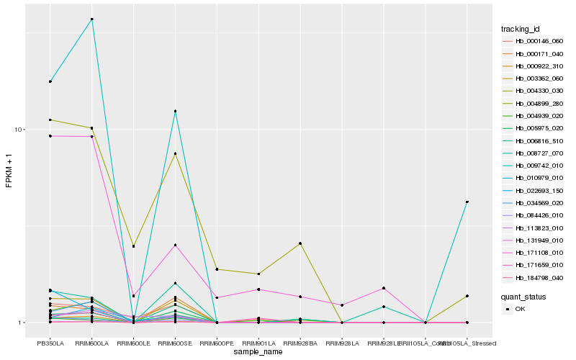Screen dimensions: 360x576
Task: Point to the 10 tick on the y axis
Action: (20, 130)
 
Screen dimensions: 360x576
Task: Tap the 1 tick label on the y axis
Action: (22, 323)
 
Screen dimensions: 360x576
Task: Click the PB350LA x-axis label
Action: (50, 343)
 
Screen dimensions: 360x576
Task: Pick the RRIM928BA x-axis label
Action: (300, 343)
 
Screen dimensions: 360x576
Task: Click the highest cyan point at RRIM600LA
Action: (91, 19)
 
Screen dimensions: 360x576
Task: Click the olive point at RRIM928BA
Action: (300, 243)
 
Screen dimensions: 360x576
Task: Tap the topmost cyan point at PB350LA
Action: (50, 81)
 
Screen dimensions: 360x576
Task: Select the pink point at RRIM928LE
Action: (384, 288)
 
